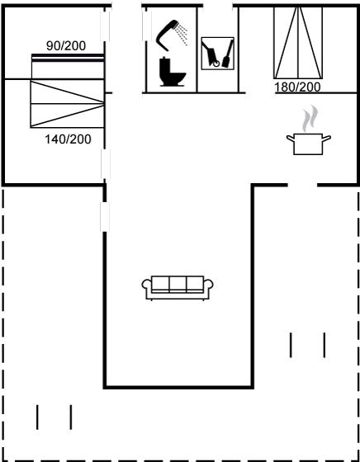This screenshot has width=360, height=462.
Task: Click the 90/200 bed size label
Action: click(x=66, y=45)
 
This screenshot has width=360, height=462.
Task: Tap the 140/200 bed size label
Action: click(x=68, y=139)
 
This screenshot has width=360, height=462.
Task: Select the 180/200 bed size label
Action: click(x=297, y=87)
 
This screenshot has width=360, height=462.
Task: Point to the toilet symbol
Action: click(x=173, y=72)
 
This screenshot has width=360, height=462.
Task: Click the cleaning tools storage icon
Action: click(x=218, y=54)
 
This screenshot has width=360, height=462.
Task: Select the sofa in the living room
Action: click(x=178, y=288)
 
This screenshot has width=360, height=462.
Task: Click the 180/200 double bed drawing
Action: click(x=298, y=43)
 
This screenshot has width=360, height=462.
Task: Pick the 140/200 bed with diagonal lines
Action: click(x=67, y=104)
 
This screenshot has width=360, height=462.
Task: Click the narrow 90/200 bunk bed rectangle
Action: click(x=68, y=66)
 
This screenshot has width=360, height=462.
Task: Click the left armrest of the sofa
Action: click(x=146, y=285)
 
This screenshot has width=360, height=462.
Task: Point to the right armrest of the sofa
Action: click(x=208, y=285)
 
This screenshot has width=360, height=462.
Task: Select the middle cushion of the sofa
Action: click(x=178, y=284)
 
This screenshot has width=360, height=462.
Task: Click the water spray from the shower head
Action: click(x=182, y=34)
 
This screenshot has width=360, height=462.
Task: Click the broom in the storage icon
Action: click(x=228, y=54)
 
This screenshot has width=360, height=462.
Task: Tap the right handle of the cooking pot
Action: click(x=327, y=137)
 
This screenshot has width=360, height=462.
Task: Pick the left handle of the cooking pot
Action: click(x=291, y=137)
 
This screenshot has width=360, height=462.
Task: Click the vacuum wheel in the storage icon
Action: click(x=216, y=64)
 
